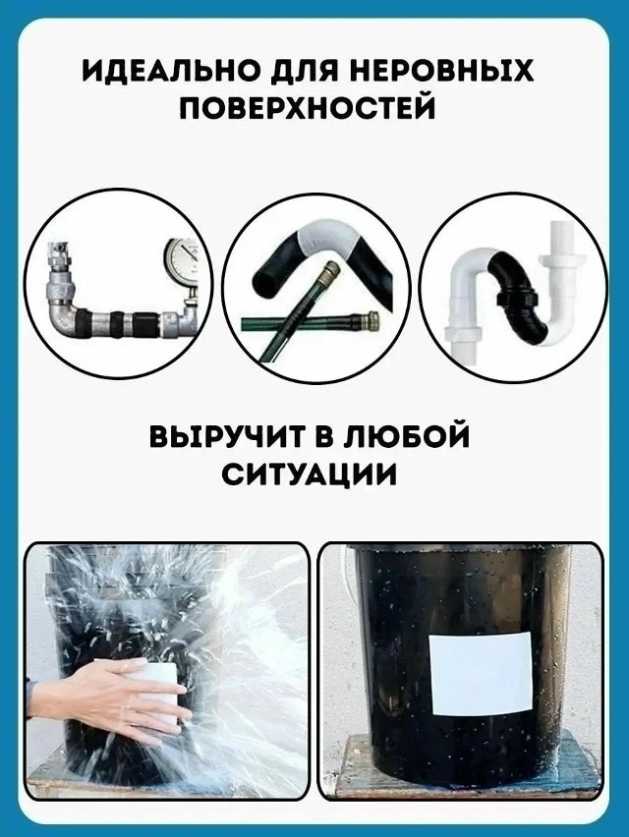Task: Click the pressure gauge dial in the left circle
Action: click(182, 261)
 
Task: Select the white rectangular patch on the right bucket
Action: click(482, 673)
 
